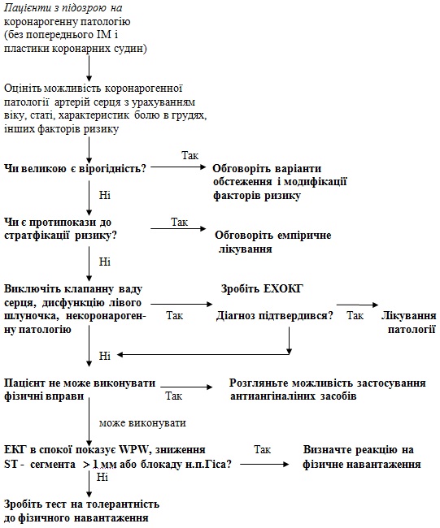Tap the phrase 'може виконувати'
tap(142, 423)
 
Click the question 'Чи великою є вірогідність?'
tap(75, 168)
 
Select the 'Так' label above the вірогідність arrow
tap(190, 155)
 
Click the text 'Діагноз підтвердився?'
tap(274, 316)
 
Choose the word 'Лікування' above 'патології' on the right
tap(408, 316)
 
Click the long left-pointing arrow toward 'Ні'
tap(203, 354)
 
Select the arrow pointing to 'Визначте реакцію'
tap(264, 464)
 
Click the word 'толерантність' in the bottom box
tap(122, 504)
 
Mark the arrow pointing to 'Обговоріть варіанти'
tap(178, 167)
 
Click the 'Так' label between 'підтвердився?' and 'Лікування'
tap(355, 315)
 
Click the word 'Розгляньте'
tap(259, 383)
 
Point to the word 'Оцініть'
tap(23, 89)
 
